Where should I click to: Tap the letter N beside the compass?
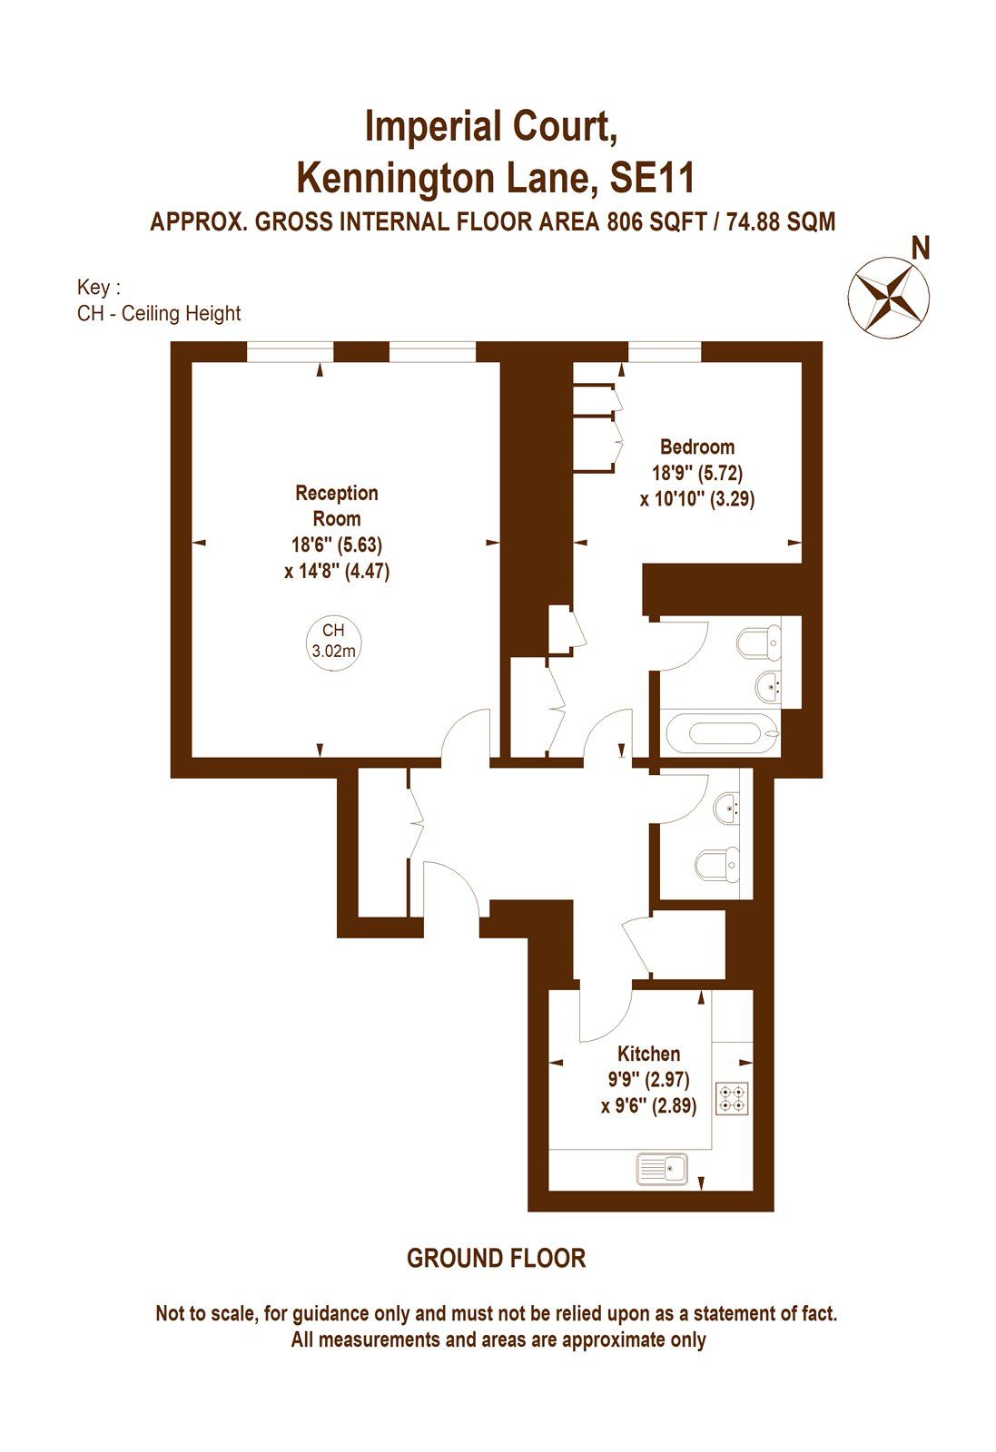921,248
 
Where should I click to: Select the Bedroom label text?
696,446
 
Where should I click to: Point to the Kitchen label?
648,1054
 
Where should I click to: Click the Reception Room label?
336,505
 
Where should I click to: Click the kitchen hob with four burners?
732,1099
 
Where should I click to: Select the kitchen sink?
664,1168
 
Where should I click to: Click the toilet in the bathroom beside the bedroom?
757,643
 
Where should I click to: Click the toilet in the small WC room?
716,865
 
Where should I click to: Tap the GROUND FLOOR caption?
496,1259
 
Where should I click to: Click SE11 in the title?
652,177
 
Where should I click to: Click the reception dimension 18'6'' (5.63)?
336,545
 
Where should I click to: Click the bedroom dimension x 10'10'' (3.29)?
696,498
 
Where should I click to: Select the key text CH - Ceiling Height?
159,314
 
